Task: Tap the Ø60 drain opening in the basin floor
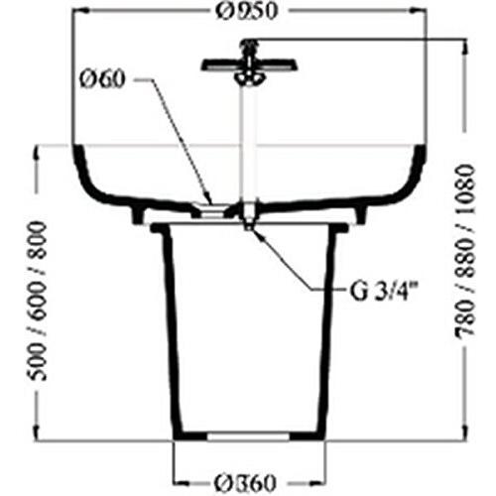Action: pyautogui.click(x=212, y=207)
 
